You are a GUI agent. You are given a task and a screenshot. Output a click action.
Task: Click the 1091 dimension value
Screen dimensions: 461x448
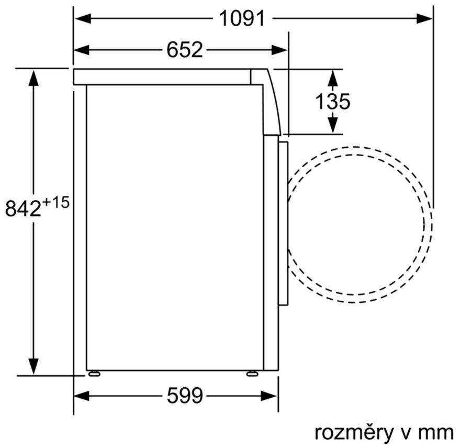click(x=242, y=18)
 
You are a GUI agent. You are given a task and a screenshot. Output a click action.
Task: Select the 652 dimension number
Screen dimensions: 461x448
click(x=185, y=50)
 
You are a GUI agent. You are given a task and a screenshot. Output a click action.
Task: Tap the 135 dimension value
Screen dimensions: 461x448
click(x=332, y=102)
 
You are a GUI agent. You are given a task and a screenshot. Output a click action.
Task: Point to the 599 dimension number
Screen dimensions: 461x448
click(x=185, y=395)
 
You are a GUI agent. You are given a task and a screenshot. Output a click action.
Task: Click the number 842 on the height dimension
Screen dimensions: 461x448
click(x=23, y=209)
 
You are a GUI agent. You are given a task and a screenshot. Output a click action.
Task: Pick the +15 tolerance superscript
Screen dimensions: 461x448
click(x=56, y=202)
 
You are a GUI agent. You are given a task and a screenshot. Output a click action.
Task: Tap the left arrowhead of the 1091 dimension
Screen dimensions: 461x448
click(x=83, y=18)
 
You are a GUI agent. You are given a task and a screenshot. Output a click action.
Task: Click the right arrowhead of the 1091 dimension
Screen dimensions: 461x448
click(x=424, y=18)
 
